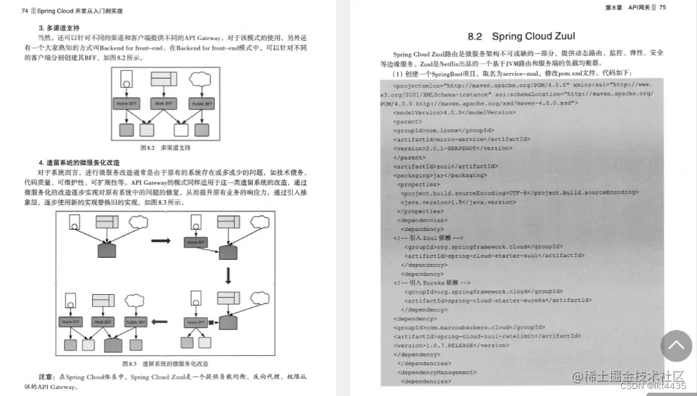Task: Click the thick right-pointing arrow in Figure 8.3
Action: [x=161, y=241]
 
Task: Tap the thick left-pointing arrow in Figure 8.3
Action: [x=161, y=322]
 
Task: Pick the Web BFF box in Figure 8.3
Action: [x=103, y=322]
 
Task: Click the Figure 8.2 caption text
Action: [x=165, y=148]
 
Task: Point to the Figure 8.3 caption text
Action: [x=165, y=364]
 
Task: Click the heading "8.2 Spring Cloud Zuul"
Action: [x=521, y=37]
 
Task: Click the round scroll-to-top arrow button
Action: [x=675, y=346]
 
